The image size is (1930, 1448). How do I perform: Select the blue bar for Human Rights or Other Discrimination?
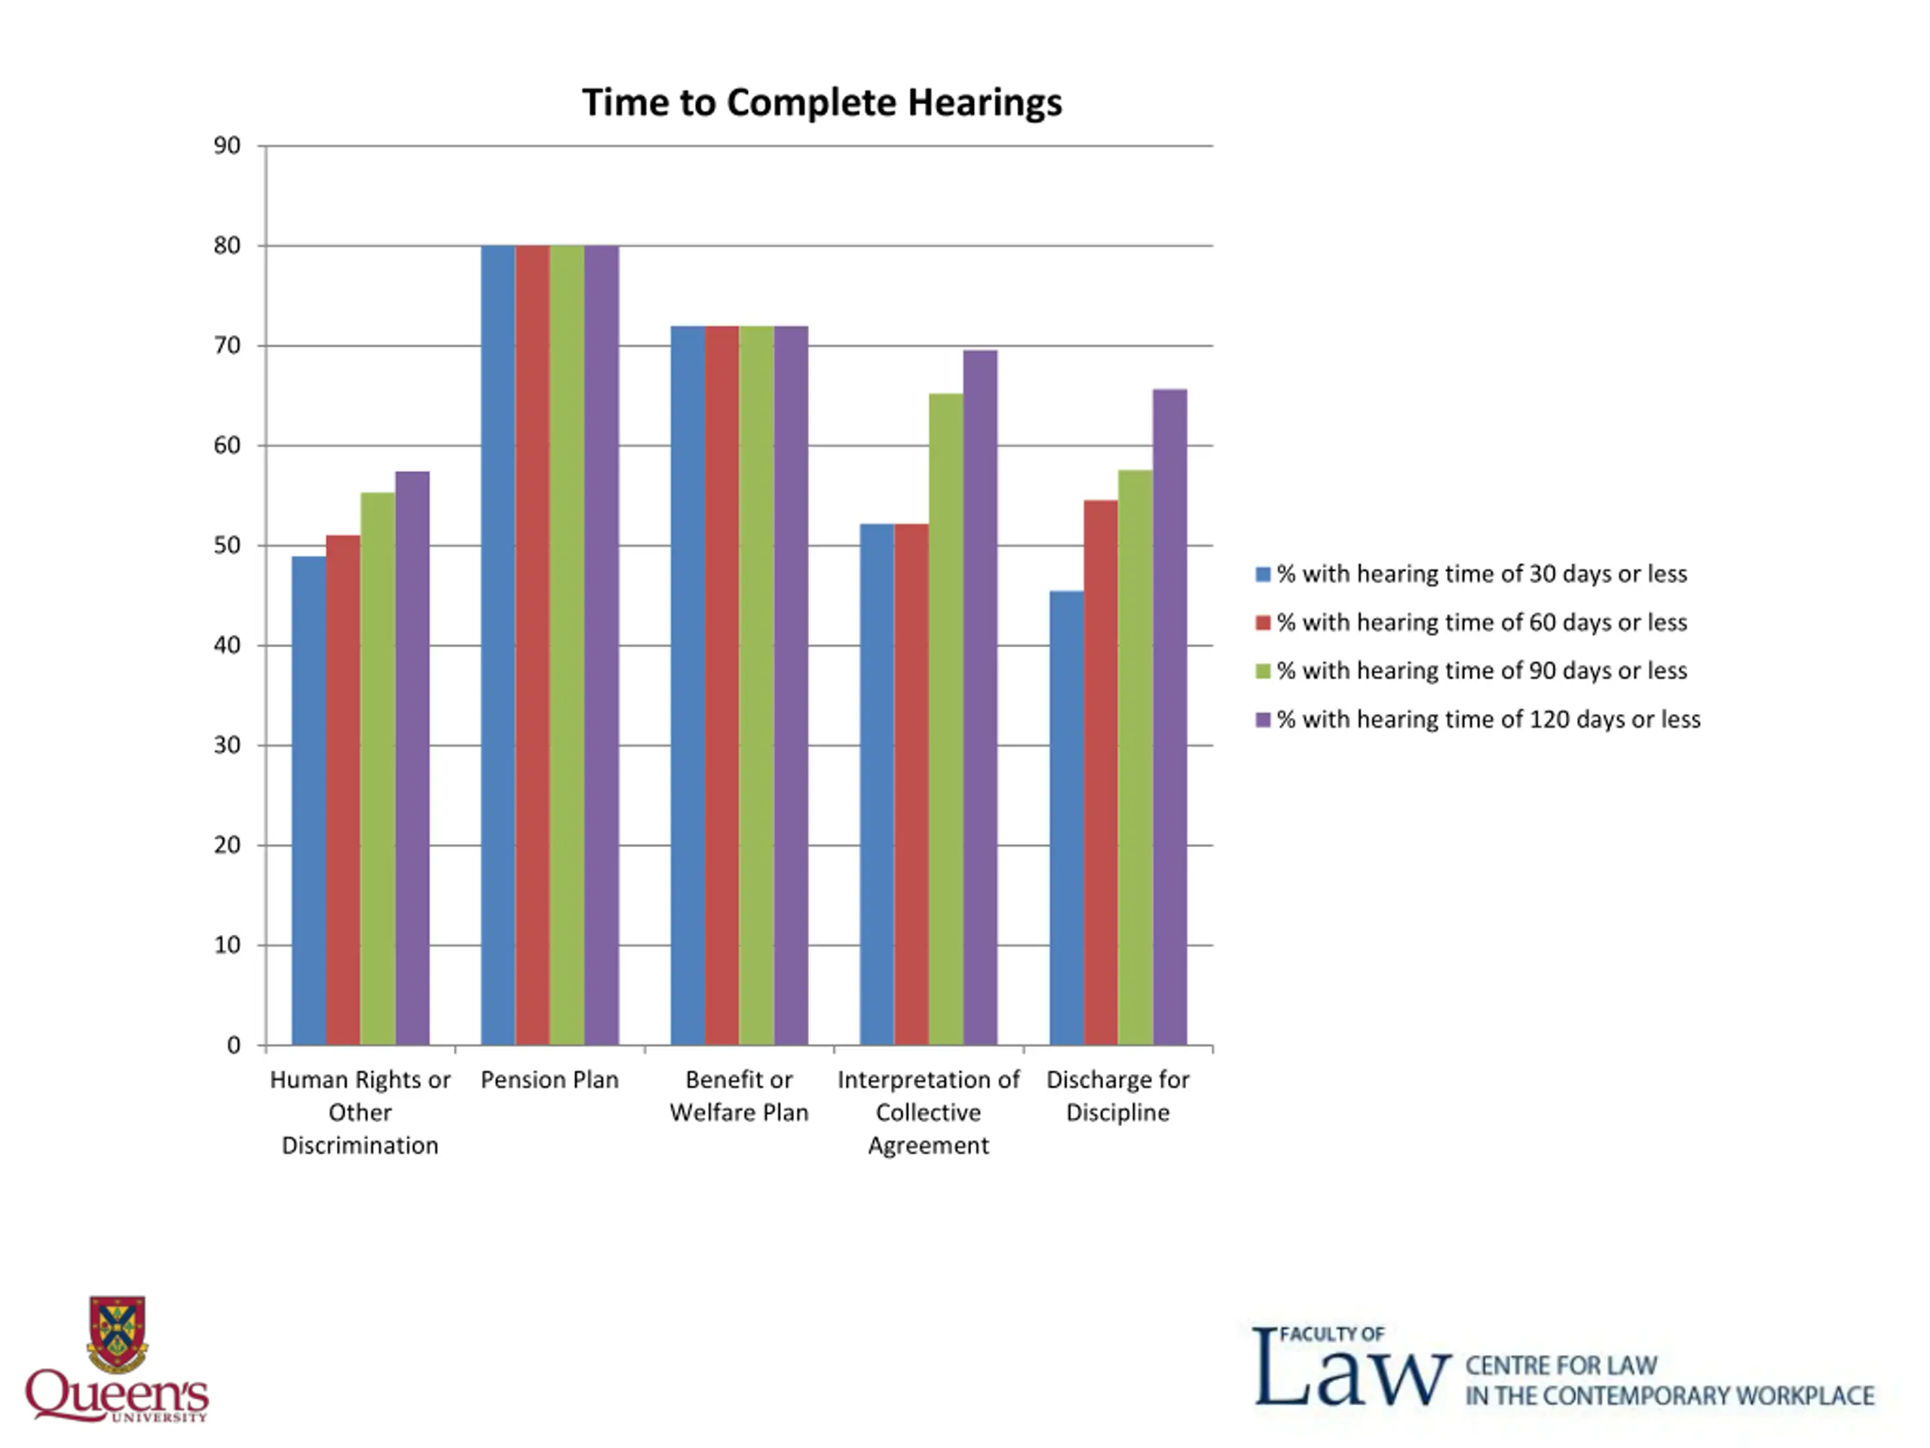pyautogui.click(x=308, y=799)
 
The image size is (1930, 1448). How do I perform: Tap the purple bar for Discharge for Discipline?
pyautogui.click(x=1169, y=716)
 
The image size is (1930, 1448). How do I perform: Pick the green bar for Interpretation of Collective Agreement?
pyautogui.click(x=946, y=718)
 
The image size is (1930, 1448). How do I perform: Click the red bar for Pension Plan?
pyautogui.click(x=532, y=644)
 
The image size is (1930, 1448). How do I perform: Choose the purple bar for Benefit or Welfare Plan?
pyautogui.click(x=791, y=684)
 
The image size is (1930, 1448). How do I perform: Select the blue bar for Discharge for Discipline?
pyautogui.click(x=1066, y=817)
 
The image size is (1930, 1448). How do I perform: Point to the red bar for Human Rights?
pyautogui.click(x=343, y=789)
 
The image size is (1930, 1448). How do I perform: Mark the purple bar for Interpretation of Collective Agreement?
pyautogui.click(x=980, y=697)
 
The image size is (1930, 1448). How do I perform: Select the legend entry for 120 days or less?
pyautogui.click(x=1487, y=719)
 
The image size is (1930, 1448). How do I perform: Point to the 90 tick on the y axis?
pyautogui.click(x=227, y=146)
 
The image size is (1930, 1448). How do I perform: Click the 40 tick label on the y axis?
pyautogui.click(x=227, y=645)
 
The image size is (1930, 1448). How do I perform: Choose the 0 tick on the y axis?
pyautogui.click(x=233, y=1045)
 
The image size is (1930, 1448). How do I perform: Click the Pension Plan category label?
pyautogui.click(x=550, y=1080)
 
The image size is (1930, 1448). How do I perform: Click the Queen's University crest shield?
pyautogui.click(x=117, y=1333)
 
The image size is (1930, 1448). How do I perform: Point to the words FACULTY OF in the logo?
pyautogui.click(x=1331, y=1333)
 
